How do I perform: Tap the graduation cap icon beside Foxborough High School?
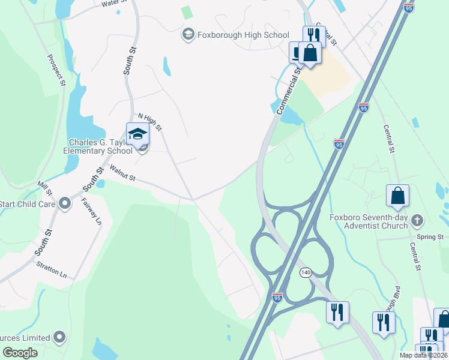(188, 35)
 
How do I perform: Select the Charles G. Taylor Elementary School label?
(98, 146)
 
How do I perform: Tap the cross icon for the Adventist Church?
(418, 221)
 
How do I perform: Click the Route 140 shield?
(306, 273)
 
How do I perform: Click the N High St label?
(150, 122)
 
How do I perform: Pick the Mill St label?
(44, 188)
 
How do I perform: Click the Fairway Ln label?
(91, 211)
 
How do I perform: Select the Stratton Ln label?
(52, 268)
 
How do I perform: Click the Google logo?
(20, 353)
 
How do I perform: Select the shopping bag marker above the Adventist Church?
(397, 196)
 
